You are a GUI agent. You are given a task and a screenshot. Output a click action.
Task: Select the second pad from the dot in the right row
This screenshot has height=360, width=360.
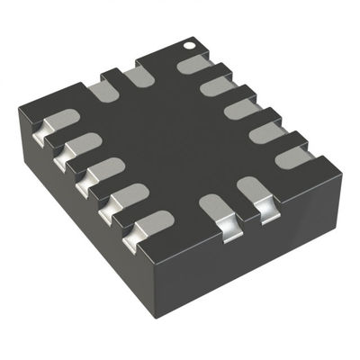[217, 86]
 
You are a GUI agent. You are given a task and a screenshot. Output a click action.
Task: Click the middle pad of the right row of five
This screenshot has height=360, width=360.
[241, 109]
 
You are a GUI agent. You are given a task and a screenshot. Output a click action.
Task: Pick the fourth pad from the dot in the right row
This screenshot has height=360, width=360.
[267, 132]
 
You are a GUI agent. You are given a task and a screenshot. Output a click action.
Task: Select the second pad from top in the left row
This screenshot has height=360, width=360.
[80, 144]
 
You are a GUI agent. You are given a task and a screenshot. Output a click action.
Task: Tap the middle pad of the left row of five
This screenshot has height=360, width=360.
[103, 169]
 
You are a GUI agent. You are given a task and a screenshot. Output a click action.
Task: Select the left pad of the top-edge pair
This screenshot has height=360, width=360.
[100, 90]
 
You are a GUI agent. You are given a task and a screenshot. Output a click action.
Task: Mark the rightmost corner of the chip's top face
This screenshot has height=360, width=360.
[340, 167]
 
